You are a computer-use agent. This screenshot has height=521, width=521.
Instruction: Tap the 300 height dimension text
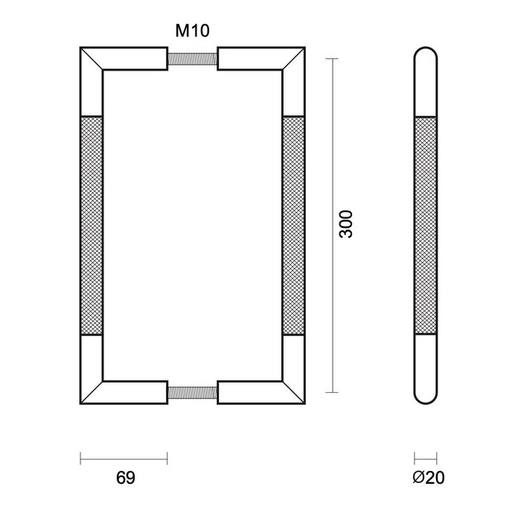point(345,224)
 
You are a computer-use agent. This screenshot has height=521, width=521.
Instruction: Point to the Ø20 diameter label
point(426,476)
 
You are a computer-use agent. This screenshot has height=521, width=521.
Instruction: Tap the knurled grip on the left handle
point(90,225)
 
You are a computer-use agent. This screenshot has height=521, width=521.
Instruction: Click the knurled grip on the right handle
point(293,225)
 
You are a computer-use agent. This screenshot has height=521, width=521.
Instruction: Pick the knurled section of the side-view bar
point(426,225)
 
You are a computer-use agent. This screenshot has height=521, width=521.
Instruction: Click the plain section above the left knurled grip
point(90,93)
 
